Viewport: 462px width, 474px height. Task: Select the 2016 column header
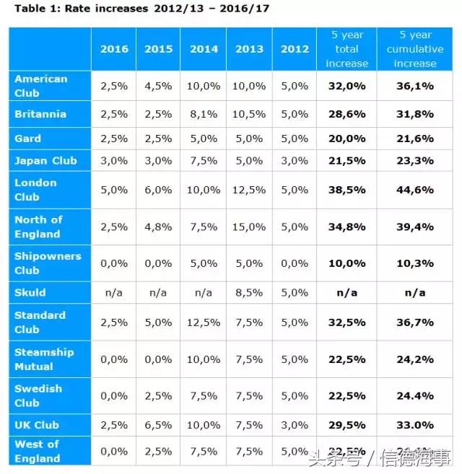coord(114,49)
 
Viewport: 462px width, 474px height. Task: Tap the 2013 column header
coord(248,49)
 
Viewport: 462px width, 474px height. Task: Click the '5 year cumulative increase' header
coord(415,49)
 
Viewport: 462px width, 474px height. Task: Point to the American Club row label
coord(41,86)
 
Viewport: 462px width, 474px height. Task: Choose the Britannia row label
coord(40,114)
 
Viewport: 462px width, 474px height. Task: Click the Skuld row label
coord(30,292)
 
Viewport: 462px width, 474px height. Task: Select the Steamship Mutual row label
coord(44,359)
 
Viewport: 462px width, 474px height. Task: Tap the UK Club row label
coord(37,425)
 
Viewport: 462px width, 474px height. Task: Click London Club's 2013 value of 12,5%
coord(248,190)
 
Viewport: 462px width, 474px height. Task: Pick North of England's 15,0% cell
coord(248,227)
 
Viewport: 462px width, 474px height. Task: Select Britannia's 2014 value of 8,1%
coord(204,114)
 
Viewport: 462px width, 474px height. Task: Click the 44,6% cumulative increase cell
coord(415,190)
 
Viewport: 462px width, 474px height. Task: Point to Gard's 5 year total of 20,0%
coord(346,139)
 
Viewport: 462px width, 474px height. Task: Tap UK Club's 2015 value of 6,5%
coord(158,425)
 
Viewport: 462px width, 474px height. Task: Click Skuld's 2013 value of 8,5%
coord(248,292)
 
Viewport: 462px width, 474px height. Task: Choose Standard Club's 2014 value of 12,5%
coord(204,322)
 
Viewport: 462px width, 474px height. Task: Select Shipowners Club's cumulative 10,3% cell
coord(415,263)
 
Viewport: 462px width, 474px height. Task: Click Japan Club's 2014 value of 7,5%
coord(204,160)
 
